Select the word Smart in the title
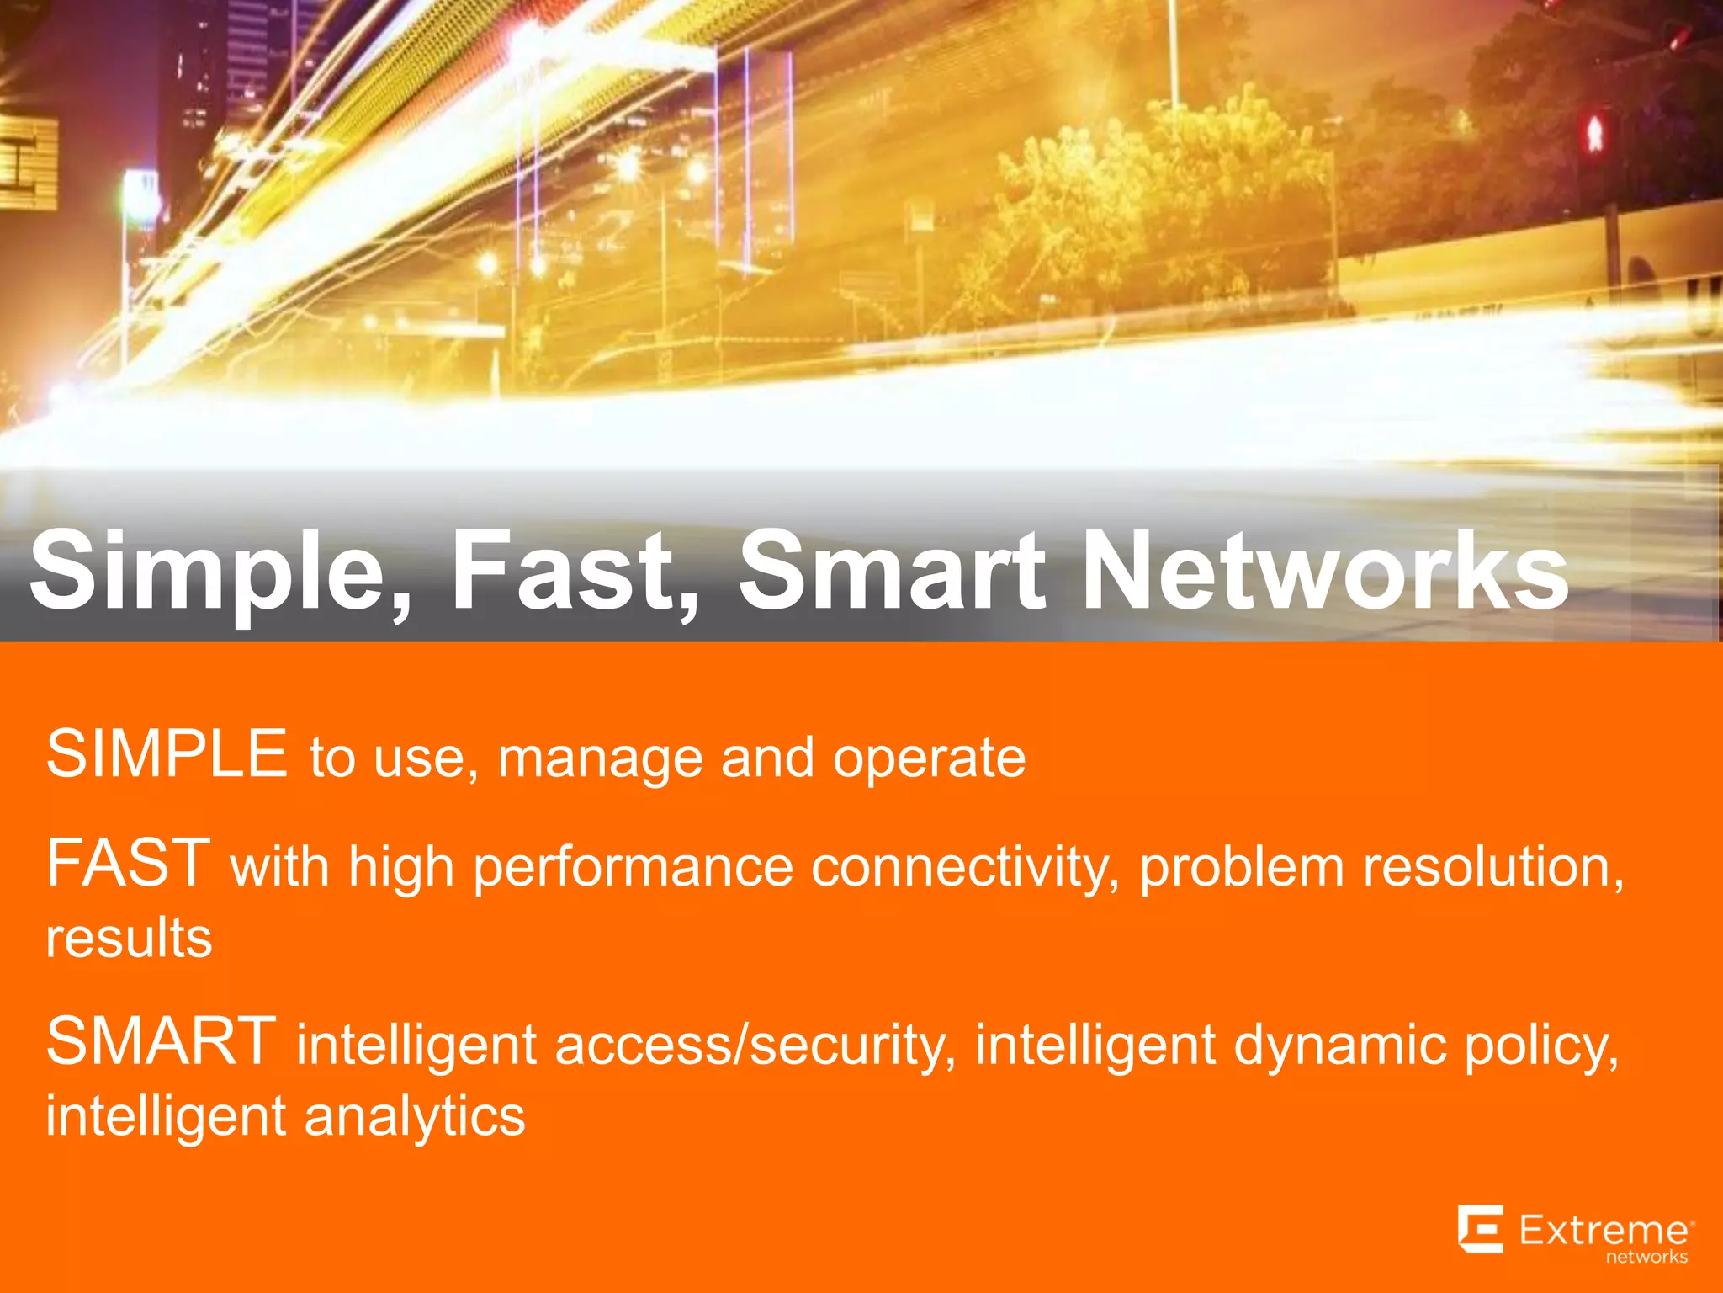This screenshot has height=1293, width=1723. click(893, 572)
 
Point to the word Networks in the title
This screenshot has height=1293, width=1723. click(1324, 572)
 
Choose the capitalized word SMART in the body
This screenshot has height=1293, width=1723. click(161, 1042)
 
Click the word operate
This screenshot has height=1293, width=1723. click(929, 759)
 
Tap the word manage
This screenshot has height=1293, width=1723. click(600, 759)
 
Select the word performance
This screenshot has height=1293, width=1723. click(633, 869)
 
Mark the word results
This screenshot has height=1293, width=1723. click(129, 939)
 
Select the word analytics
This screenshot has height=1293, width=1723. click(414, 1118)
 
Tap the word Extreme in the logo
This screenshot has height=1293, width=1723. click(1604, 1231)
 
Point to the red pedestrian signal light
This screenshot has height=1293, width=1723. click(1594, 135)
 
